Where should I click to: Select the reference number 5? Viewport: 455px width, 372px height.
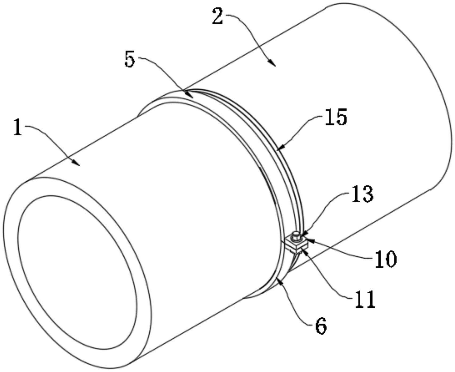pyautogui.click(x=130, y=59)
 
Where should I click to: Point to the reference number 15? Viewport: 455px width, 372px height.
pyautogui.click(x=336, y=117)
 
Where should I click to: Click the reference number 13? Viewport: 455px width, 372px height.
pyautogui.click(x=362, y=194)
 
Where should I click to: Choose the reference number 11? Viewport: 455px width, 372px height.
pyautogui.click(x=365, y=299)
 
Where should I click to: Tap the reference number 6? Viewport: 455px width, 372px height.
pyautogui.click(x=321, y=325)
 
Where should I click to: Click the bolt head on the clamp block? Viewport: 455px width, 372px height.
pyautogui.click(x=296, y=235)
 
